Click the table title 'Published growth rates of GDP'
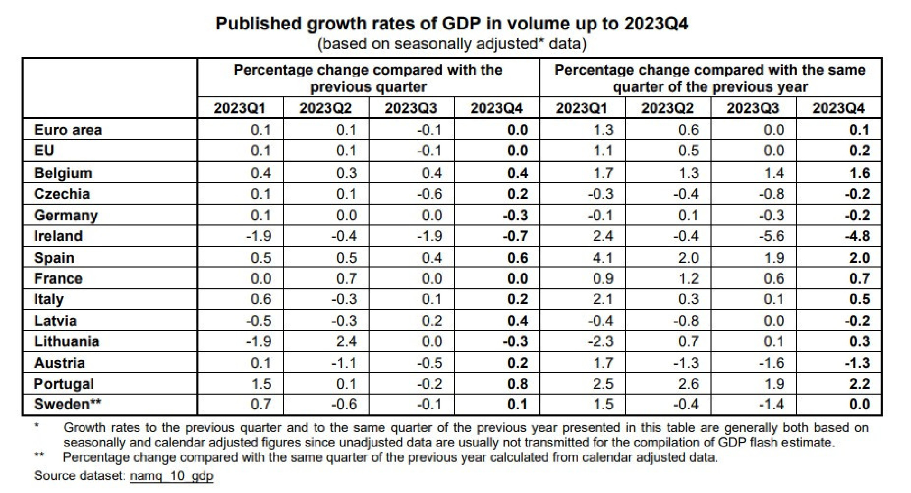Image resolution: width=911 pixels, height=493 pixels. (451, 23)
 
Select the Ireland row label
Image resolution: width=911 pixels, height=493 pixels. (58, 236)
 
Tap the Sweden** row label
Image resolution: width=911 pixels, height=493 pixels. (67, 404)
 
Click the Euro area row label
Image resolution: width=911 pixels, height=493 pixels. (68, 130)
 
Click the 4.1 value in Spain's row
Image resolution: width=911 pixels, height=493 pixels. (603, 257)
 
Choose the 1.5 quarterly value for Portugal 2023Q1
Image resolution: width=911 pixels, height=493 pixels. (260, 383)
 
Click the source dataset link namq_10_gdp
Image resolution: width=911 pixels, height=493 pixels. (171, 475)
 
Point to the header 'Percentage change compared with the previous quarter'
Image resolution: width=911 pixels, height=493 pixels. (368, 78)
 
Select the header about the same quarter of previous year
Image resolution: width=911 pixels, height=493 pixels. (710, 78)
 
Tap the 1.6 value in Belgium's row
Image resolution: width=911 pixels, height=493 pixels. (859, 173)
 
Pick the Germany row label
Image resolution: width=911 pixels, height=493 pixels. (66, 215)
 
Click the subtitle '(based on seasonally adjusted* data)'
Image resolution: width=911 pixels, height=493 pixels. (451, 44)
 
